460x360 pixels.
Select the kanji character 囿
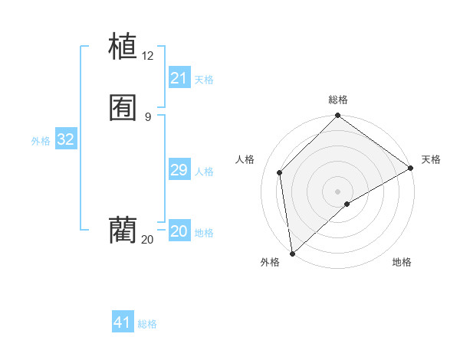tap(123, 108)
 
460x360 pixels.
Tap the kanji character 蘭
tap(123, 230)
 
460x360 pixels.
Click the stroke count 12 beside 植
tap(148, 55)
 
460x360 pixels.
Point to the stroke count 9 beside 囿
tap(148, 117)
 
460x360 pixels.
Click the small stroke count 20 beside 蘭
tap(148, 240)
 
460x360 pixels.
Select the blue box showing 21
tap(179, 78)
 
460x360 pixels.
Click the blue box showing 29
tap(179, 170)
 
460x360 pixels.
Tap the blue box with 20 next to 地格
tap(179, 231)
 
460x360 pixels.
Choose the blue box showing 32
tap(66, 139)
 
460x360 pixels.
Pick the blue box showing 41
tap(123, 322)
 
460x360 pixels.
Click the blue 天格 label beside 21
tap(204, 79)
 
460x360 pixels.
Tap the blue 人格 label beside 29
tap(204, 171)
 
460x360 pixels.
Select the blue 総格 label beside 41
tap(147, 324)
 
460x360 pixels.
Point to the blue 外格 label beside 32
tap(41, 141)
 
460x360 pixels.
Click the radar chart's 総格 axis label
tap(338, 100)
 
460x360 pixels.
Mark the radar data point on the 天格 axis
tap(411, 168)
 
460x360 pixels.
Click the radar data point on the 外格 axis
tap(292, 253)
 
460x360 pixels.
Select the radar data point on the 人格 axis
tap(280, 172)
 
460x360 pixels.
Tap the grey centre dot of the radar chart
tap(338, 191)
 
